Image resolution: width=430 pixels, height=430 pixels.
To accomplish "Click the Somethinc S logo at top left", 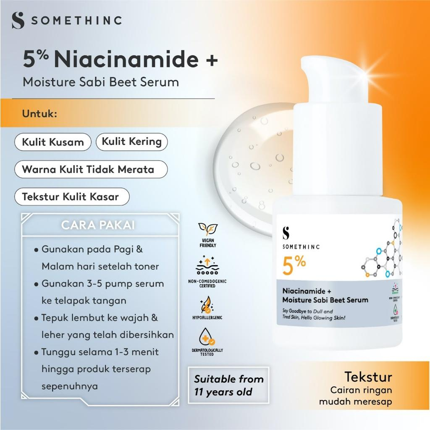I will (x=18, y=21).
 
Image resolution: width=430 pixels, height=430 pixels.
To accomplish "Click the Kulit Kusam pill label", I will (x=53, y=142).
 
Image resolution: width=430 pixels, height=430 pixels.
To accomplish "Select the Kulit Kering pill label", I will (x=131, y=142).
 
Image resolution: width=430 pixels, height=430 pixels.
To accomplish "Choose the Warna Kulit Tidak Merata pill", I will (x=88, y=170).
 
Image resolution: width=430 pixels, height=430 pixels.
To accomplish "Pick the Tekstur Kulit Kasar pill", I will (x=71, y=197).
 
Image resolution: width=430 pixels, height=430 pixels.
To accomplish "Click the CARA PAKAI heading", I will (x=97, y=225).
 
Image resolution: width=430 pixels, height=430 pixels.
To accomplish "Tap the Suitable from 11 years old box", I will (x=228, y=385).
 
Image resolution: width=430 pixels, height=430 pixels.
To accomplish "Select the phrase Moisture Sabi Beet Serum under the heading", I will (x=101, y=81).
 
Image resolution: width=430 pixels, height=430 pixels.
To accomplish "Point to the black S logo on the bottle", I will (x=286, y=233).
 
